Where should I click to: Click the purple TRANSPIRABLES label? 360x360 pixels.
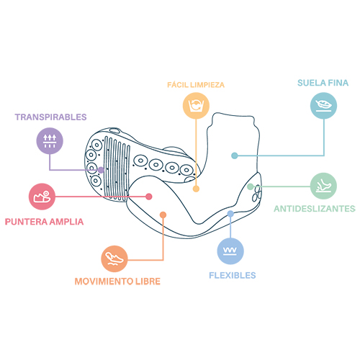tap(50, 117)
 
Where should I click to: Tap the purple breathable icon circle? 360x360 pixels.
tap(50, 141)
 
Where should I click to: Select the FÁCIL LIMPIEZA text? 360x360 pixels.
tap(196, 85)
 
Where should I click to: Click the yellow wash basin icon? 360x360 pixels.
tap(196, 106)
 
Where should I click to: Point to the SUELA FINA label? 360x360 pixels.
tap(323, 83)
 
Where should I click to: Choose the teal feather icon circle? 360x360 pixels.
tap(323, 106)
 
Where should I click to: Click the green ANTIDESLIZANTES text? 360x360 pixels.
tap(315, 209)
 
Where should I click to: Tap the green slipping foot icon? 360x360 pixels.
tap(323, 186)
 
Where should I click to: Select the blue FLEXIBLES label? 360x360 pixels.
tap(233, 276)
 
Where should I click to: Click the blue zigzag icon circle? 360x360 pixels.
tap(230, 251)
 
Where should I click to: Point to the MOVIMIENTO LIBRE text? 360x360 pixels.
tap(117, 282)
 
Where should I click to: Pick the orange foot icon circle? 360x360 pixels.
tap(114, 258)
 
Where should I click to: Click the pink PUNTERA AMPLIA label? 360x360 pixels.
tap(44, 222)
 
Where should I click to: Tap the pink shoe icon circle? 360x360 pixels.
tap(42, 197)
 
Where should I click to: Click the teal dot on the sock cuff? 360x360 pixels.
tap(235, 156)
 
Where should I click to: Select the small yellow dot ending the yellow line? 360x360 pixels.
tap(196, 189)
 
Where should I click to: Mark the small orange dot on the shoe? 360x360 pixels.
tap(163, 215)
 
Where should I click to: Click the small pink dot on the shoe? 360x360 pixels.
tap(149, 197)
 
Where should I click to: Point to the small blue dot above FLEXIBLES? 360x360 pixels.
tap(230, 214)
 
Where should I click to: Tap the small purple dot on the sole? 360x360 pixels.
tap(101, 170)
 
